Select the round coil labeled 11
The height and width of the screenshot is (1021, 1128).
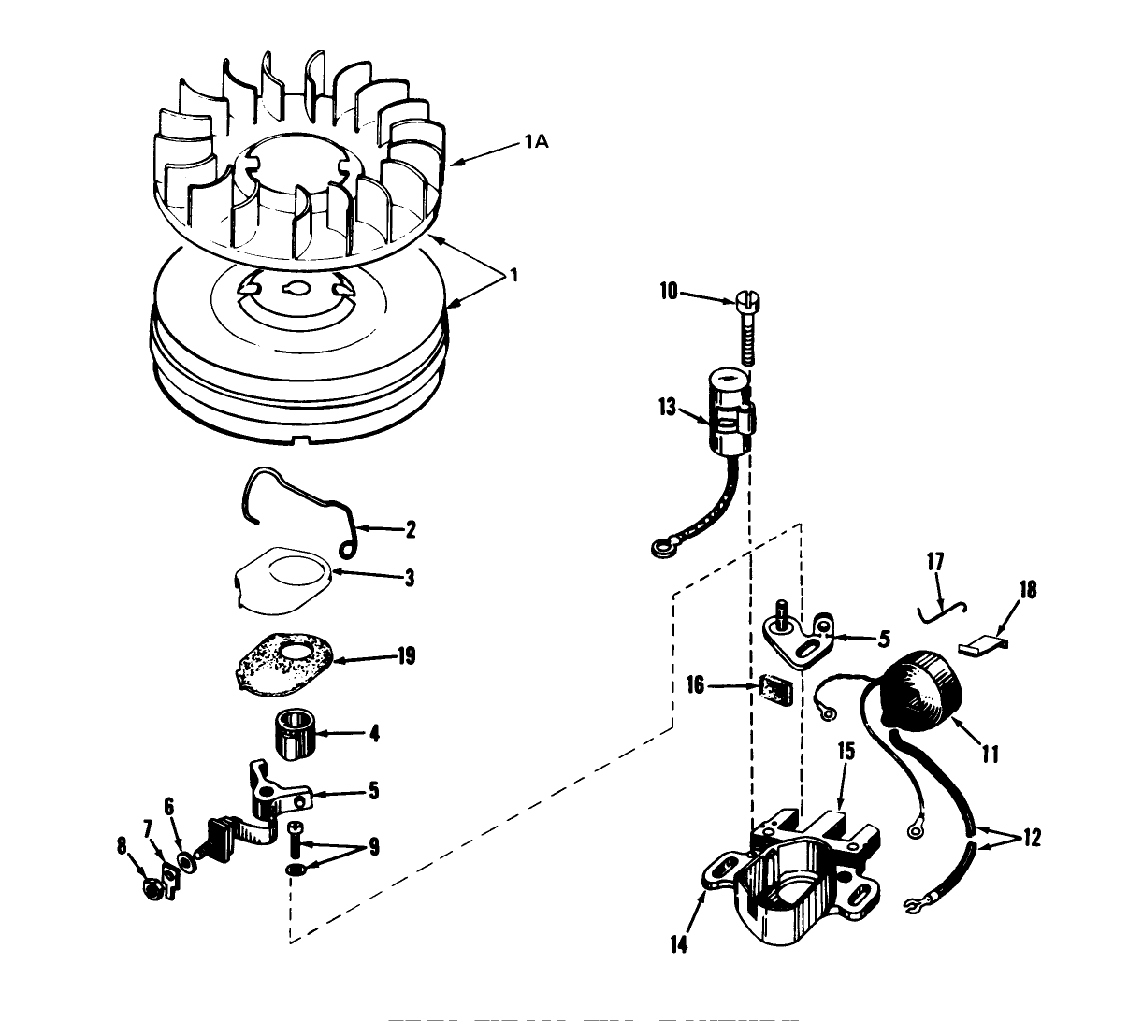(x=921, y=689)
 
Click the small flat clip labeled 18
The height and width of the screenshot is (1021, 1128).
(x=983, y=643)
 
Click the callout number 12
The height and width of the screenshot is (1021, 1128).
(x=1031, y=839)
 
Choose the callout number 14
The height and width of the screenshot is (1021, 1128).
(x=678, y=945)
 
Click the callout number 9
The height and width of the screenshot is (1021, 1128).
(x=373, y=847)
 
